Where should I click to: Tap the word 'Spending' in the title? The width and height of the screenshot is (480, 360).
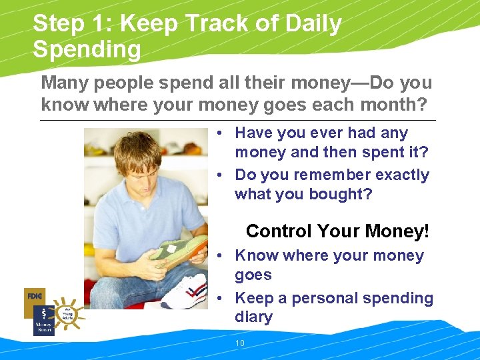click(87, 50)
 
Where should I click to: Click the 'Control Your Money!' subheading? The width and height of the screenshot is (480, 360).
click(337, 231)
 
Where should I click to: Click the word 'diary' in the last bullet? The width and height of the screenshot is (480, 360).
click(253, 317)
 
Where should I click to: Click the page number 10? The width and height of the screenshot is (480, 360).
click(240, 343)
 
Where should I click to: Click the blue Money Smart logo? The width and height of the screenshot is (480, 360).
click(44, 320)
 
